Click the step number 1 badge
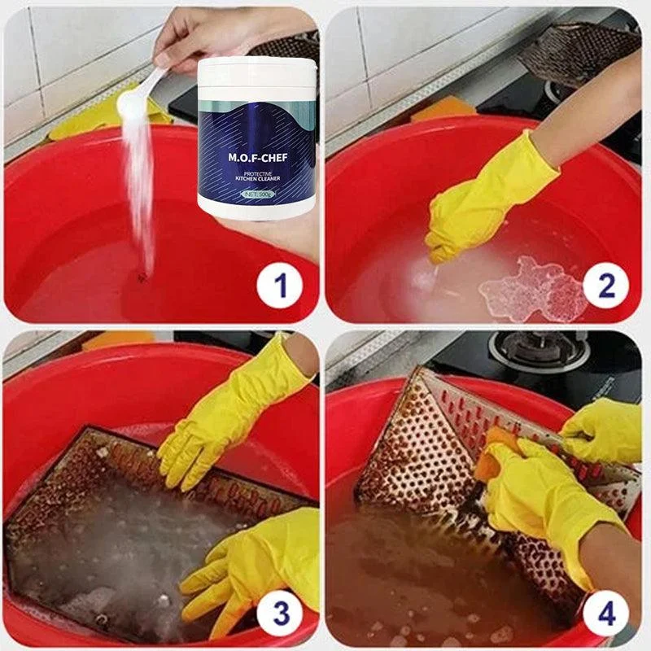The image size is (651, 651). [280, 286]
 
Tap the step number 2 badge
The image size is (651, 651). [605, 286]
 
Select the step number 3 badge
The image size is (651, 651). [280, 612]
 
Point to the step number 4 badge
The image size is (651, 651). [605, 612]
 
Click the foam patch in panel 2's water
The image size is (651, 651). [533, 289]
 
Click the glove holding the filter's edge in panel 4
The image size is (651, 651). [602, 431]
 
